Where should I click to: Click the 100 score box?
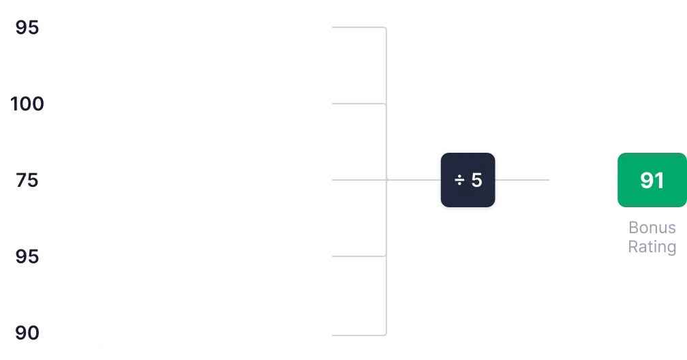point(27,104)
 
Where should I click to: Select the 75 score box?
point(27,180)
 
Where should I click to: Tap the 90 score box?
point(27,333)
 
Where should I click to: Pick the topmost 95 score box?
point(27,27)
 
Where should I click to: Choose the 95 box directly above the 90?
point(27,256)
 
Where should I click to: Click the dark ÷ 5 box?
point(468,180)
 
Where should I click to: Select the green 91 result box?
point(652,180)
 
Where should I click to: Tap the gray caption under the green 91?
point(651,237)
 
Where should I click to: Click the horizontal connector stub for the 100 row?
point(354,104)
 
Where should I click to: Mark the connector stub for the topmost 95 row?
point(354,27)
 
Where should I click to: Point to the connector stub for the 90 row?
point(354,335)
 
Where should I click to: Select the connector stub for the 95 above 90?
point(354,256)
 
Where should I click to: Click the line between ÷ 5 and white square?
point(525,180)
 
